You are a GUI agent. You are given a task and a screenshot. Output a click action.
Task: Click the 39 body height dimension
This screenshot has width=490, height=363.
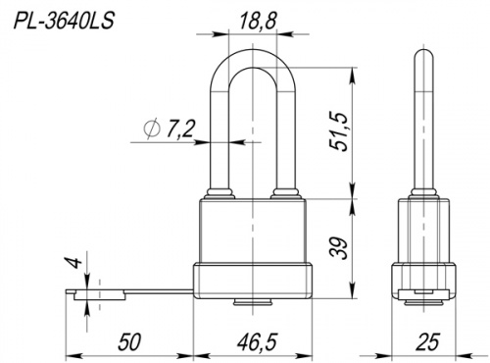click(337, 249)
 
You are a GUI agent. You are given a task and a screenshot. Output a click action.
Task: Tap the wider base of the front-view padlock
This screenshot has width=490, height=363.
click(254, 282)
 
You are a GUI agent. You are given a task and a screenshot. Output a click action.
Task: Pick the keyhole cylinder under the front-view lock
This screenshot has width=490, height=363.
click(254, 302)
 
